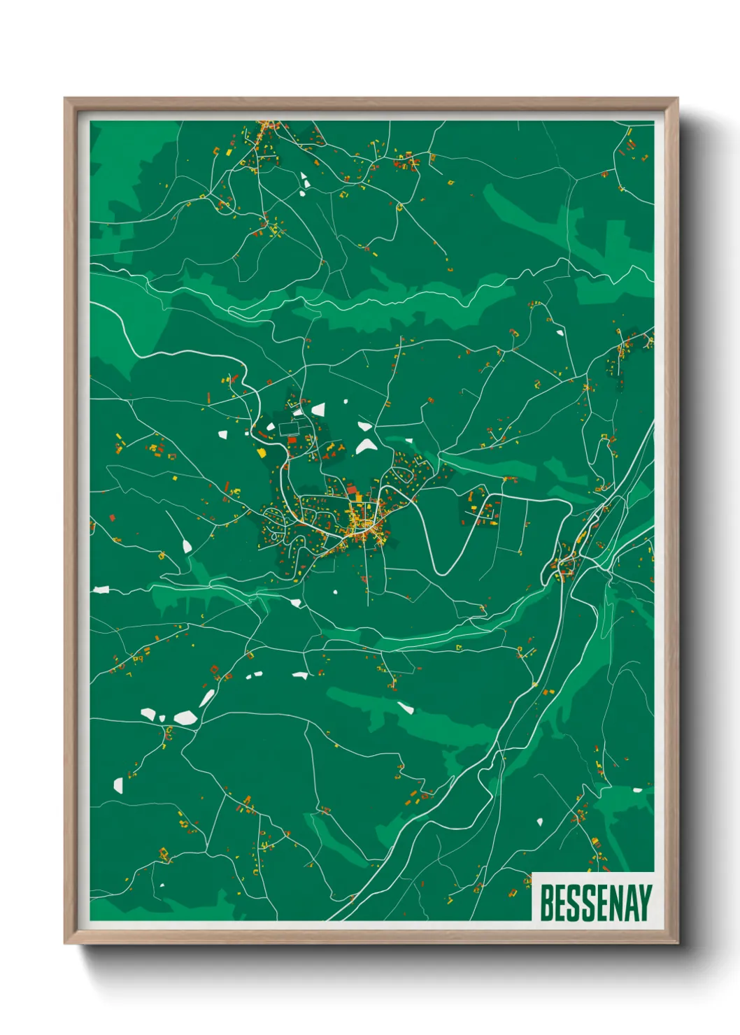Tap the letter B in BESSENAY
(546, 903)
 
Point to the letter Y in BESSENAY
(646, 903)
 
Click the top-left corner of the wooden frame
(65, 99)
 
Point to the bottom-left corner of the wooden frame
(65, 943)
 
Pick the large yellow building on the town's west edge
(262, 452)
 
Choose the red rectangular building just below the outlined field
(292, 440)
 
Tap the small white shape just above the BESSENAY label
(539, 822)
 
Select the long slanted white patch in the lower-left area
(207, 697)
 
